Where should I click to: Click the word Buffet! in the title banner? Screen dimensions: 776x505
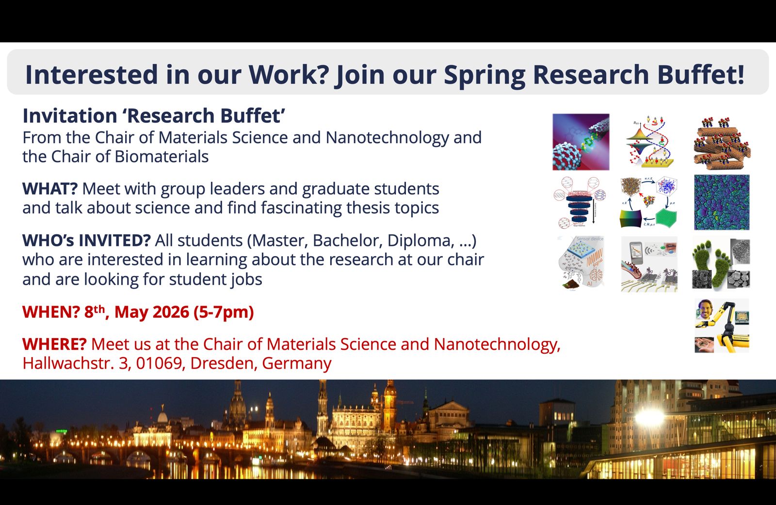point(700,74)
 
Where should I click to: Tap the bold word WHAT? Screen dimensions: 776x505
point(50,189)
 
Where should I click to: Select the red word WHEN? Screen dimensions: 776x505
point(51,312)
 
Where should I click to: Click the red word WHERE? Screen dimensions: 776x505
point(54,344)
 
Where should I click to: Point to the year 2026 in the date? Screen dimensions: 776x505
point(171,312)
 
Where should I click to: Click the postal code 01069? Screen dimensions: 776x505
point(159,363)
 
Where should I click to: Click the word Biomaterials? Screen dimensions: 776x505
point(162,157)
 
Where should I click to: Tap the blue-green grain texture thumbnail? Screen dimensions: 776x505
point(722,202)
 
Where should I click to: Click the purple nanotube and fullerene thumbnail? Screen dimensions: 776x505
point(581,142)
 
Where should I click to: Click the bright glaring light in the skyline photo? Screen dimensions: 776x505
point(650,417)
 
